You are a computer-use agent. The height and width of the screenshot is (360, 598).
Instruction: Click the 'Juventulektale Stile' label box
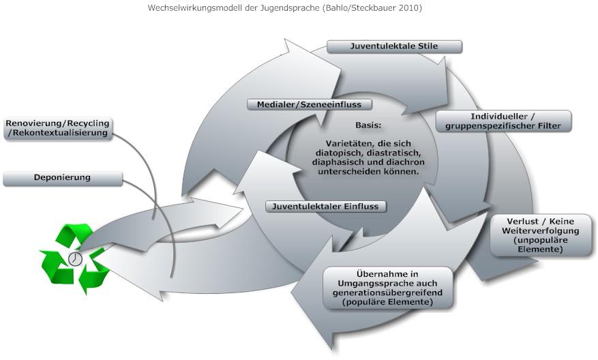[394, 46]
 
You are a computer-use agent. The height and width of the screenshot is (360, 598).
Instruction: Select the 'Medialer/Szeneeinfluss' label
[309, 104]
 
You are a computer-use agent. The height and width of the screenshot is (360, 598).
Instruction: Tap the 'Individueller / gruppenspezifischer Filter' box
[503, 121]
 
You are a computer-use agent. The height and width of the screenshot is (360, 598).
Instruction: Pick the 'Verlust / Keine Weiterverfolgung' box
[542, 236]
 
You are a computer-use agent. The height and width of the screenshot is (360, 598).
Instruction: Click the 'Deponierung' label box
[62, 178]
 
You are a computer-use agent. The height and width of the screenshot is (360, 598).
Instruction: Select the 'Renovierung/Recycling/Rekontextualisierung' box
[57, 128]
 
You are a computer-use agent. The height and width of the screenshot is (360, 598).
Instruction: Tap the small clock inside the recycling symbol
[75, 260]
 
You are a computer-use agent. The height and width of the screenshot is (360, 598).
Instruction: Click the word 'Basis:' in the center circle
[368, 126]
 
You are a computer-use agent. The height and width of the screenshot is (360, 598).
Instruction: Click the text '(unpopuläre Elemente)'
[542, 245]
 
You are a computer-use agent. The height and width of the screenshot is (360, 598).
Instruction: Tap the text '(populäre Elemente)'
[389, 301]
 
